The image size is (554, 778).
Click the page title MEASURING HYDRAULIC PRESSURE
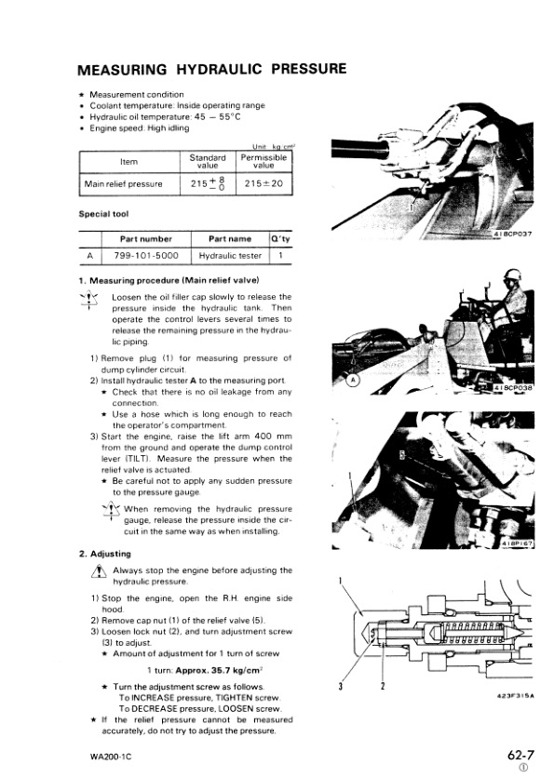[212, 70]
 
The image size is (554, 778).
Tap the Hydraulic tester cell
[230, 255]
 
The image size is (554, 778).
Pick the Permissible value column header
[263, 161]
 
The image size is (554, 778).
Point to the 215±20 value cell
[263, 184]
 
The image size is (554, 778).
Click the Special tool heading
[103, 214]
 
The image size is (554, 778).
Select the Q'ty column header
[280, 238]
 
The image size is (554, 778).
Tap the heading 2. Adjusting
[108, 555]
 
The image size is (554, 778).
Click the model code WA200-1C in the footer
[101, 757]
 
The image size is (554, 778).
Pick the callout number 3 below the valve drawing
[342, 687]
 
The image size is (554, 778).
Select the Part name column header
[230, 238]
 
